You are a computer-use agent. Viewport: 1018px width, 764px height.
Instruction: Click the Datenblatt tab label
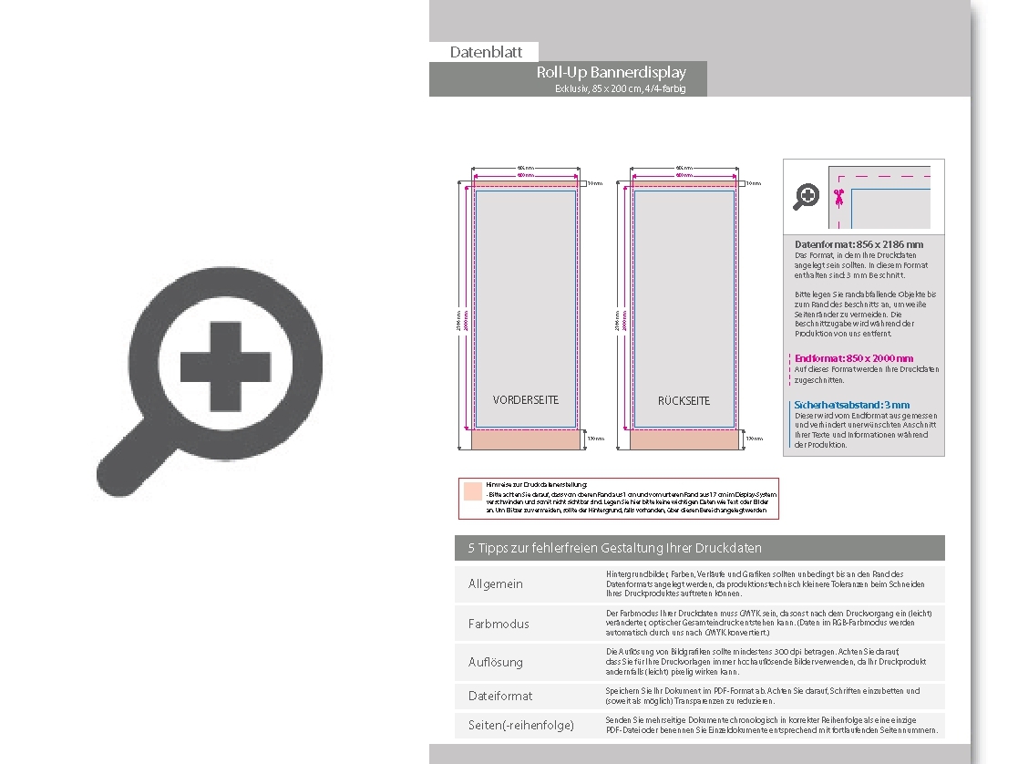click(x=486, y=52)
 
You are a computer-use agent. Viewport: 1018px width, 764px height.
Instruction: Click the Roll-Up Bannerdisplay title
click(x=612, y=72)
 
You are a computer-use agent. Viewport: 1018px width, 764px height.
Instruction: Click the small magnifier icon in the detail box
click(x=807, y=196)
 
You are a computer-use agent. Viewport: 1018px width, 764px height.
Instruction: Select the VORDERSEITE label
click(x=526, y=400)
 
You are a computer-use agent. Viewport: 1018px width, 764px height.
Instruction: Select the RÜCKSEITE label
click(x=684, y=401)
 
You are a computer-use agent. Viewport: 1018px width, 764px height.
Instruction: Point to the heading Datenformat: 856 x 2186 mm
click(x=859, y=244)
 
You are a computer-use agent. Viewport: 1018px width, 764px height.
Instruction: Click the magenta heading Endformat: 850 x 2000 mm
click(x=853, y=358)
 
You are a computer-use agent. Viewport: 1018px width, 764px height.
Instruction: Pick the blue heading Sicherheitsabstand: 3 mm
click(x=851, y=405)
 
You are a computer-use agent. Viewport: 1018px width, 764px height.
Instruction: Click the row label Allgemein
click(x=496, y=583)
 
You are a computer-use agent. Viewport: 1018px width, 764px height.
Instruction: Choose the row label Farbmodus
click(x=499, y=624)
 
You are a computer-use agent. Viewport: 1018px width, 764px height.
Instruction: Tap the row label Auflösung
click(x=496, y=662)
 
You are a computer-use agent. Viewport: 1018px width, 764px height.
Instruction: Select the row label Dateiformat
click(x=500, y=696)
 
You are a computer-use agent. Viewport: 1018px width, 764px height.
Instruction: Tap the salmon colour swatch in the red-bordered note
click(x=472, y=490)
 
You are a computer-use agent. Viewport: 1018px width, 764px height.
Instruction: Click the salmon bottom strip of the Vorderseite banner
click(x=526, y=439)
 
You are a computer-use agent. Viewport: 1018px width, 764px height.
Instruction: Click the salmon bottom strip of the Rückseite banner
click(x=684, y=439)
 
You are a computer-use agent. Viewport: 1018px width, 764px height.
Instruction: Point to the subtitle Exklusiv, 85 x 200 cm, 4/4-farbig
click(x=619, y=88)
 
